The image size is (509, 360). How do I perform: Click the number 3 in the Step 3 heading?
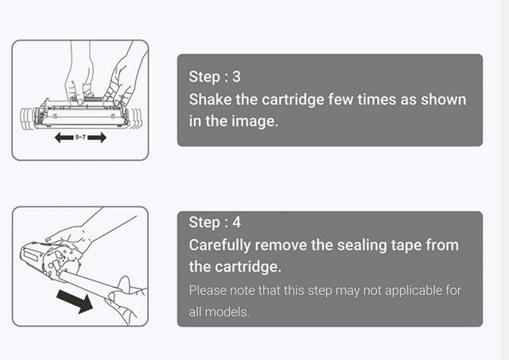237,76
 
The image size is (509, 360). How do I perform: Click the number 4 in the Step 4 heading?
237,223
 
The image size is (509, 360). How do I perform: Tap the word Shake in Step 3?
210,99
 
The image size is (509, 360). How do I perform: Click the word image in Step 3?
254,122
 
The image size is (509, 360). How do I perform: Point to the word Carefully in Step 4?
220,246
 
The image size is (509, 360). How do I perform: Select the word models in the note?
227,312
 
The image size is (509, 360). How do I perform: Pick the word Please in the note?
208,290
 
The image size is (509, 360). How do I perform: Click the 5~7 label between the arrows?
80,137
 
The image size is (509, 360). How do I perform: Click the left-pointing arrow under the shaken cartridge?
64,137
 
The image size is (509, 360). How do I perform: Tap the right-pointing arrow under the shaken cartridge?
97,137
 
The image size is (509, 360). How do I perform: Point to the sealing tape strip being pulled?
87,285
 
